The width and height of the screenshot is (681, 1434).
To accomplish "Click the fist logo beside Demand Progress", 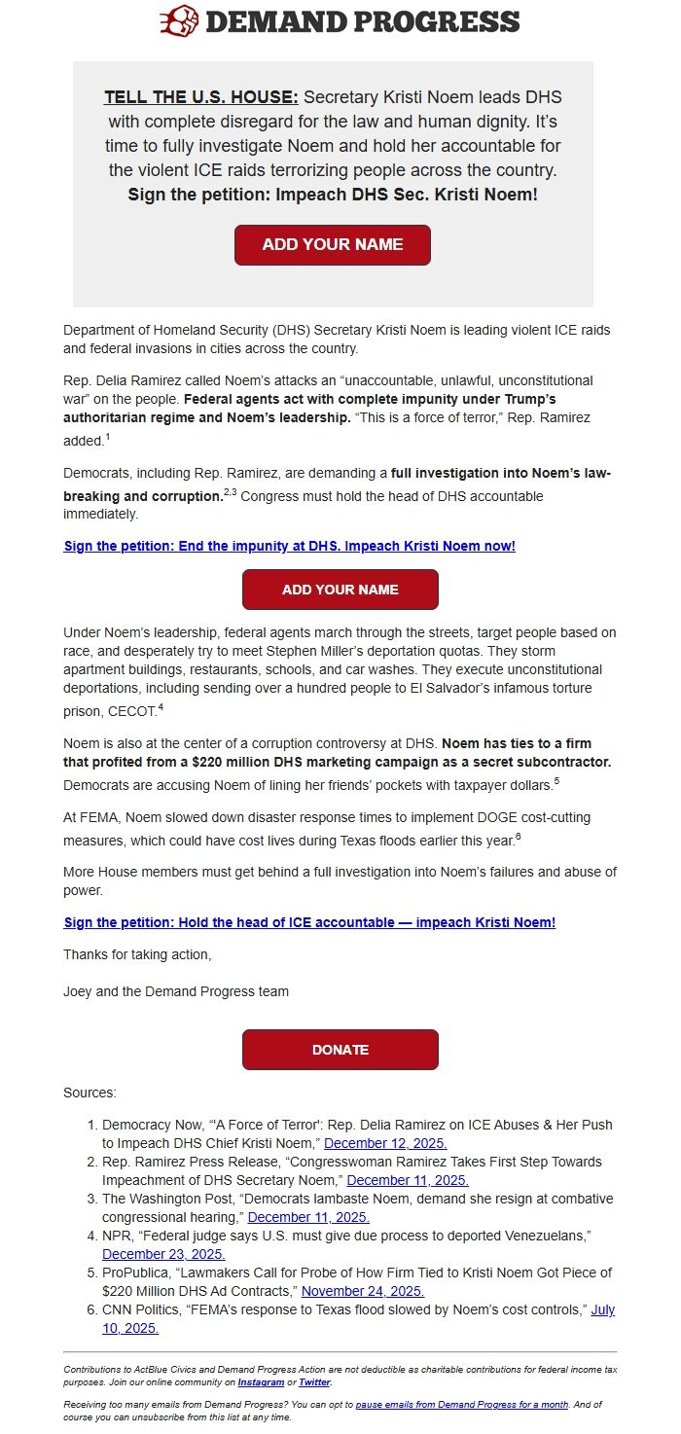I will pos(179,20).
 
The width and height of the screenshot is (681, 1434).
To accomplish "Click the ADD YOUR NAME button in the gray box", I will pos(332,244).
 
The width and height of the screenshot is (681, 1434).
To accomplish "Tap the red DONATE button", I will pos(340,1050).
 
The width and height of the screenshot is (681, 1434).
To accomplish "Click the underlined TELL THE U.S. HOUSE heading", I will pos(201,97).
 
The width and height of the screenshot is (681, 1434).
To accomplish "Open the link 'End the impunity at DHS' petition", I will pos(289,546).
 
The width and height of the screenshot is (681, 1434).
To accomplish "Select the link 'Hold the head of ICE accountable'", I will pos(309,922).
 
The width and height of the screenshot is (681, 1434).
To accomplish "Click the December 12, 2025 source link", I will pos(385,1143).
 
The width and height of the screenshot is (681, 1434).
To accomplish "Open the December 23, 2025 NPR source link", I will pos(163,1254).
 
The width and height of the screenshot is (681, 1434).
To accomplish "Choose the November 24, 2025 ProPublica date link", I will pos(362,1291).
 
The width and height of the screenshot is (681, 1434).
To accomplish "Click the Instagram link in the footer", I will pos(261,1381).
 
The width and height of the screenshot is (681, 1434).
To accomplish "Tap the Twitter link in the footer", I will pos(314,1381).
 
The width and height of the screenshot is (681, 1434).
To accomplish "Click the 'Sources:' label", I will pos(90,1093).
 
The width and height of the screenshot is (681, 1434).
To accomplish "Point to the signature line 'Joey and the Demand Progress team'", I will pos(175,991).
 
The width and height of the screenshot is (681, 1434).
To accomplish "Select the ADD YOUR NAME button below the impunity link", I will pos(340,590).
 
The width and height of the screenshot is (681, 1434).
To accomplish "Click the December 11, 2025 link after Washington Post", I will pos(308,1217).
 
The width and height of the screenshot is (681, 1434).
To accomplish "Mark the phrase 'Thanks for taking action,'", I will pos(137,954).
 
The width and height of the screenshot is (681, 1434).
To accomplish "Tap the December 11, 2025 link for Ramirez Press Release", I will pos(408,1180).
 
